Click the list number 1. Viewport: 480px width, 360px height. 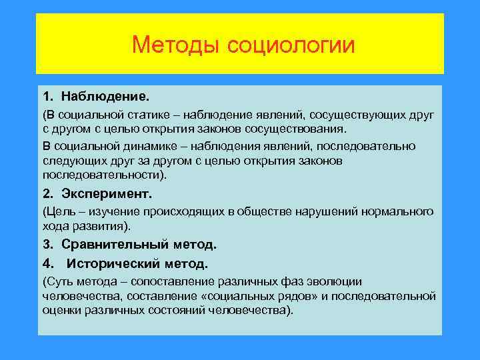tap(48, 89)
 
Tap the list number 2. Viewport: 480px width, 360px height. tap(48, 194)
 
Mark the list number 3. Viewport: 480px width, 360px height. tap(48, 245)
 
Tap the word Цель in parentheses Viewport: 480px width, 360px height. tap(61, 211)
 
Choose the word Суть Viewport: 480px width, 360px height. tap(61, 281)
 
